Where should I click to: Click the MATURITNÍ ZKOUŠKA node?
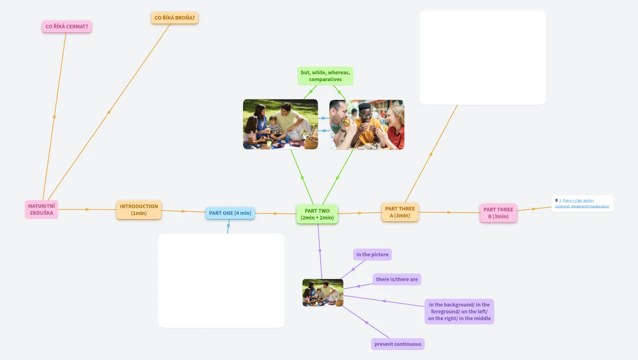41,210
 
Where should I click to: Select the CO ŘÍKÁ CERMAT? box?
67,27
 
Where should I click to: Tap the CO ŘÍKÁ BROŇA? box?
175,18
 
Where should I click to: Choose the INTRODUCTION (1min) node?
139,210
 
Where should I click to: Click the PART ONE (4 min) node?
230,213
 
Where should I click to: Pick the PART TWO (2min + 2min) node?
317,214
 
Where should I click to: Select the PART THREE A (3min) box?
400,212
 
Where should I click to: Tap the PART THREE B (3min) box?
498,213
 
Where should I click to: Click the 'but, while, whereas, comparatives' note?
325,76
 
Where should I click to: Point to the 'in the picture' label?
372,255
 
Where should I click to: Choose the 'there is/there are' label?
397,279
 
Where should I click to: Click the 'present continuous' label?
398,344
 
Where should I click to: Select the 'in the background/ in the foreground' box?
459,312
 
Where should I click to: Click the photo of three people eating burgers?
366,125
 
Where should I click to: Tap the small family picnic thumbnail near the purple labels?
323,293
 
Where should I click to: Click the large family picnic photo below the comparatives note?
280,124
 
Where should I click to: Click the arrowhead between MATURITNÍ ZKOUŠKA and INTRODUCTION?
88,210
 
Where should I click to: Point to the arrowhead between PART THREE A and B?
449,213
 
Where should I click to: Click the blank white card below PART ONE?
221,280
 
